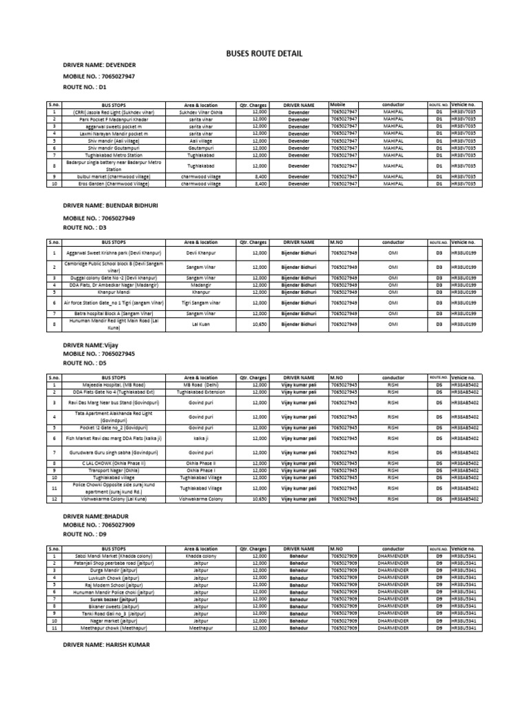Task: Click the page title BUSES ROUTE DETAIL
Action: coord(264,54)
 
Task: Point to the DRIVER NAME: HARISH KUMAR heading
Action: coord(106,645)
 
